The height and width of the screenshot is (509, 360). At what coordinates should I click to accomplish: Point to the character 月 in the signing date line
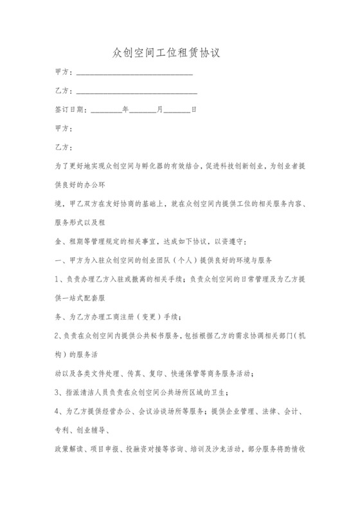coord(160,110)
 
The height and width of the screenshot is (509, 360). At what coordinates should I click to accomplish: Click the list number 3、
coord(61,393)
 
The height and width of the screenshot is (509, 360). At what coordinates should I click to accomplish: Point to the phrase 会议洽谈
coord(146,412)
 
